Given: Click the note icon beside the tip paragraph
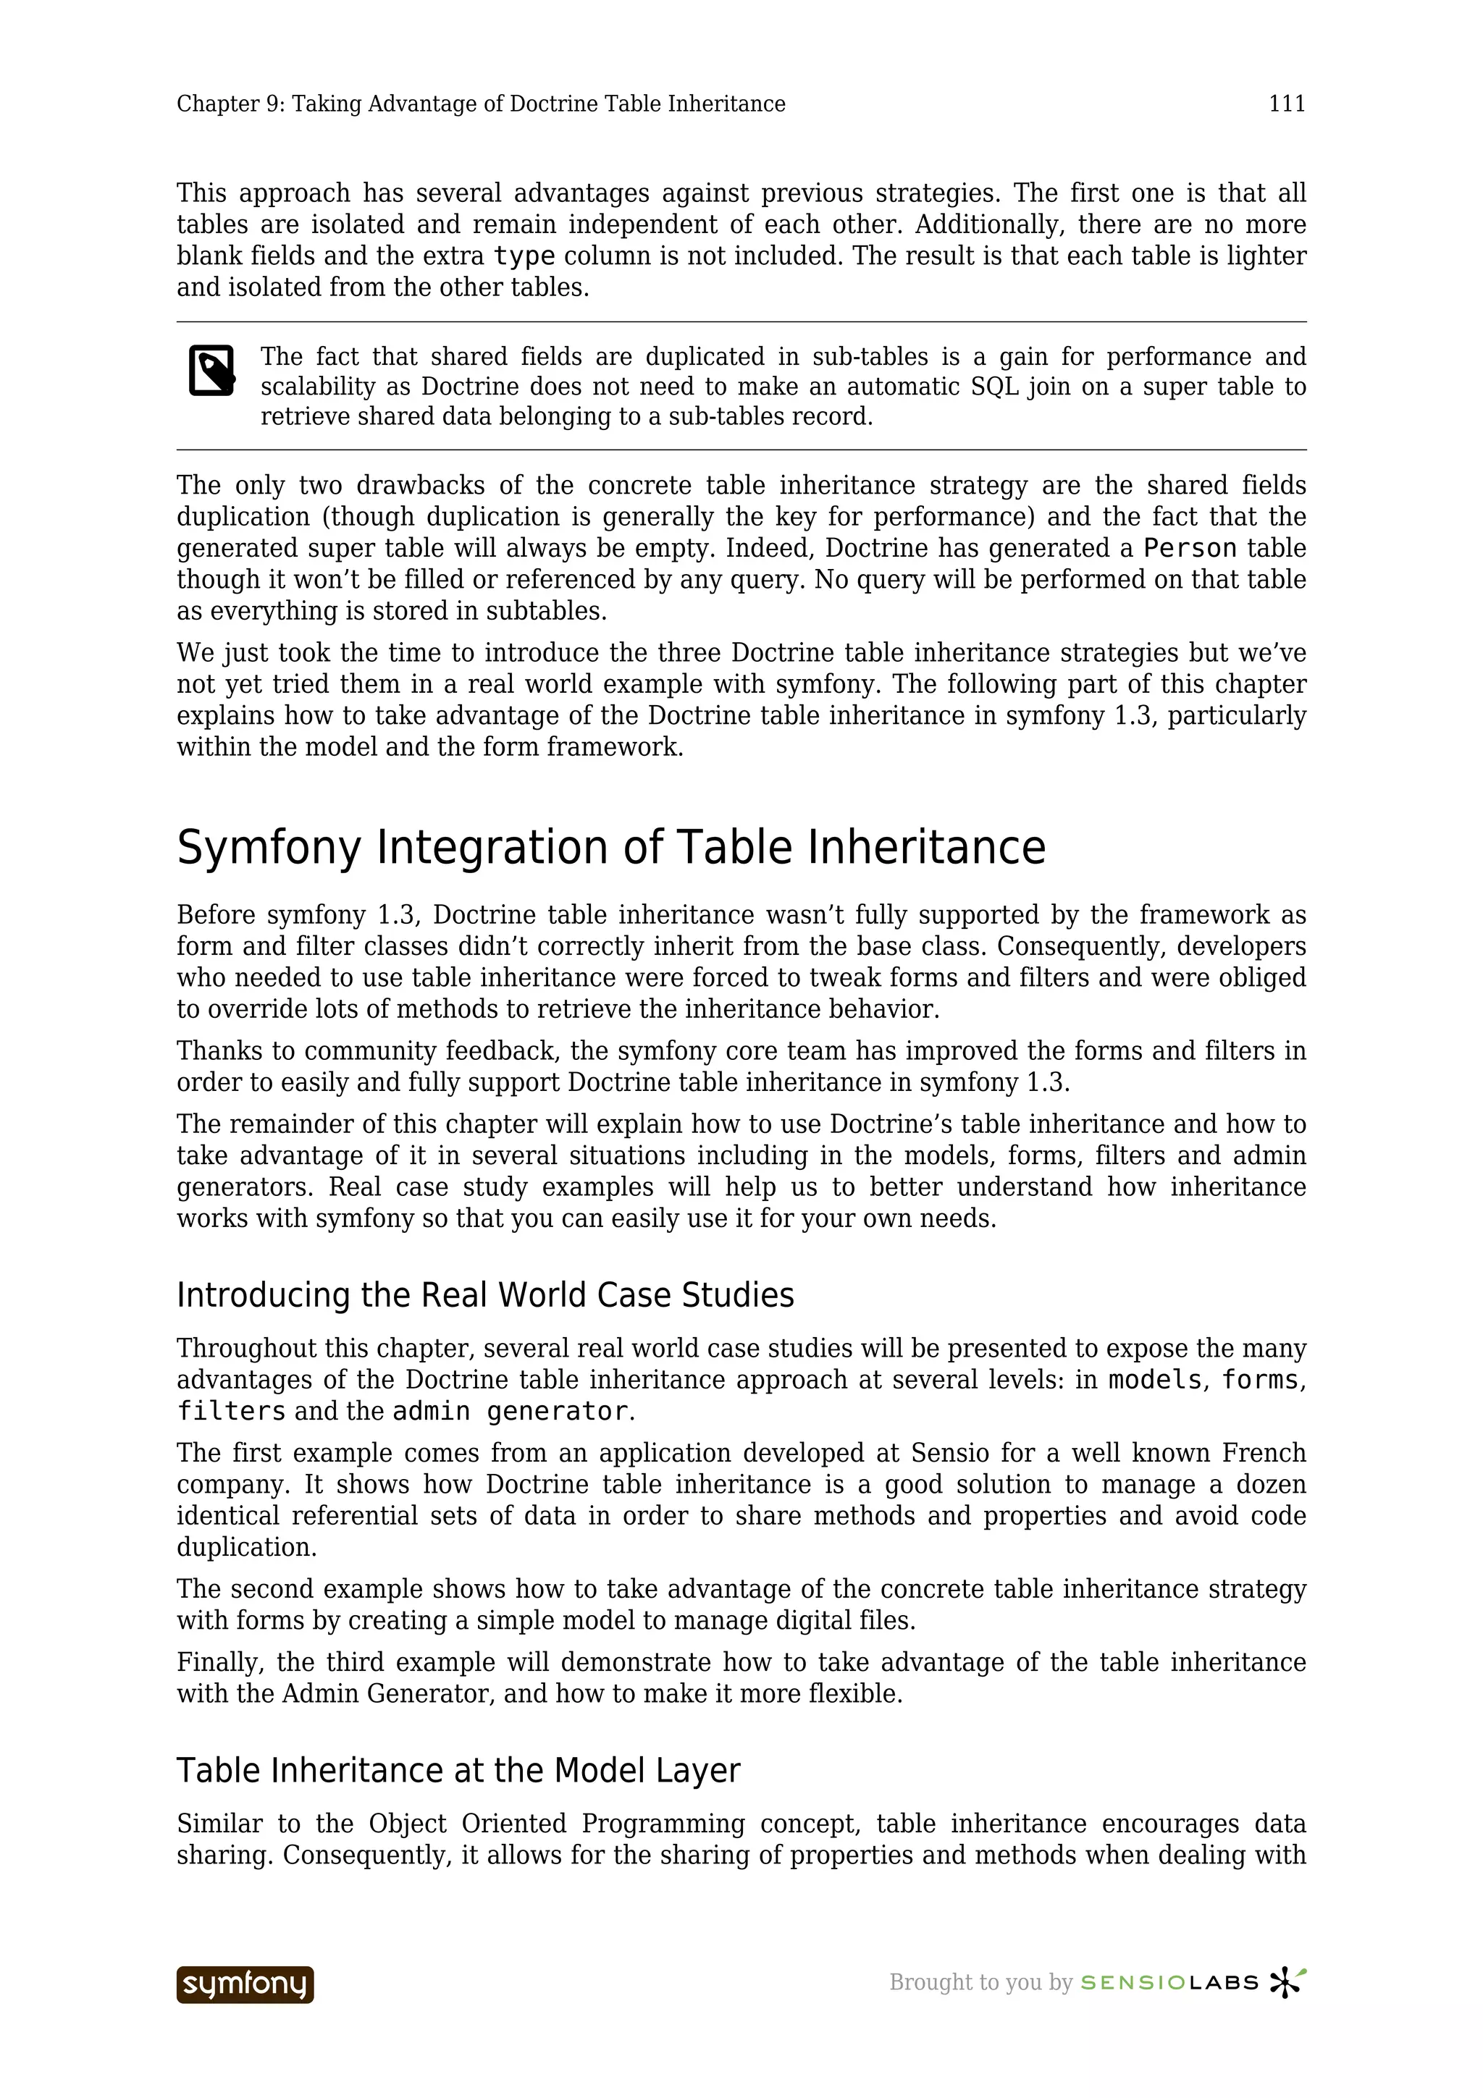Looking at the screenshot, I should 212,370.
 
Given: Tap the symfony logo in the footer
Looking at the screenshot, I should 245,1984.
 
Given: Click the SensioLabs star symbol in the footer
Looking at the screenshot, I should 1287,1982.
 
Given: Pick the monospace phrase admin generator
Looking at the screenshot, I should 510,1411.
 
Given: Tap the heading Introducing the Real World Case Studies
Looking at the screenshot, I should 485,1295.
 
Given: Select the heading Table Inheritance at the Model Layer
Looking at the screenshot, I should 458,1770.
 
